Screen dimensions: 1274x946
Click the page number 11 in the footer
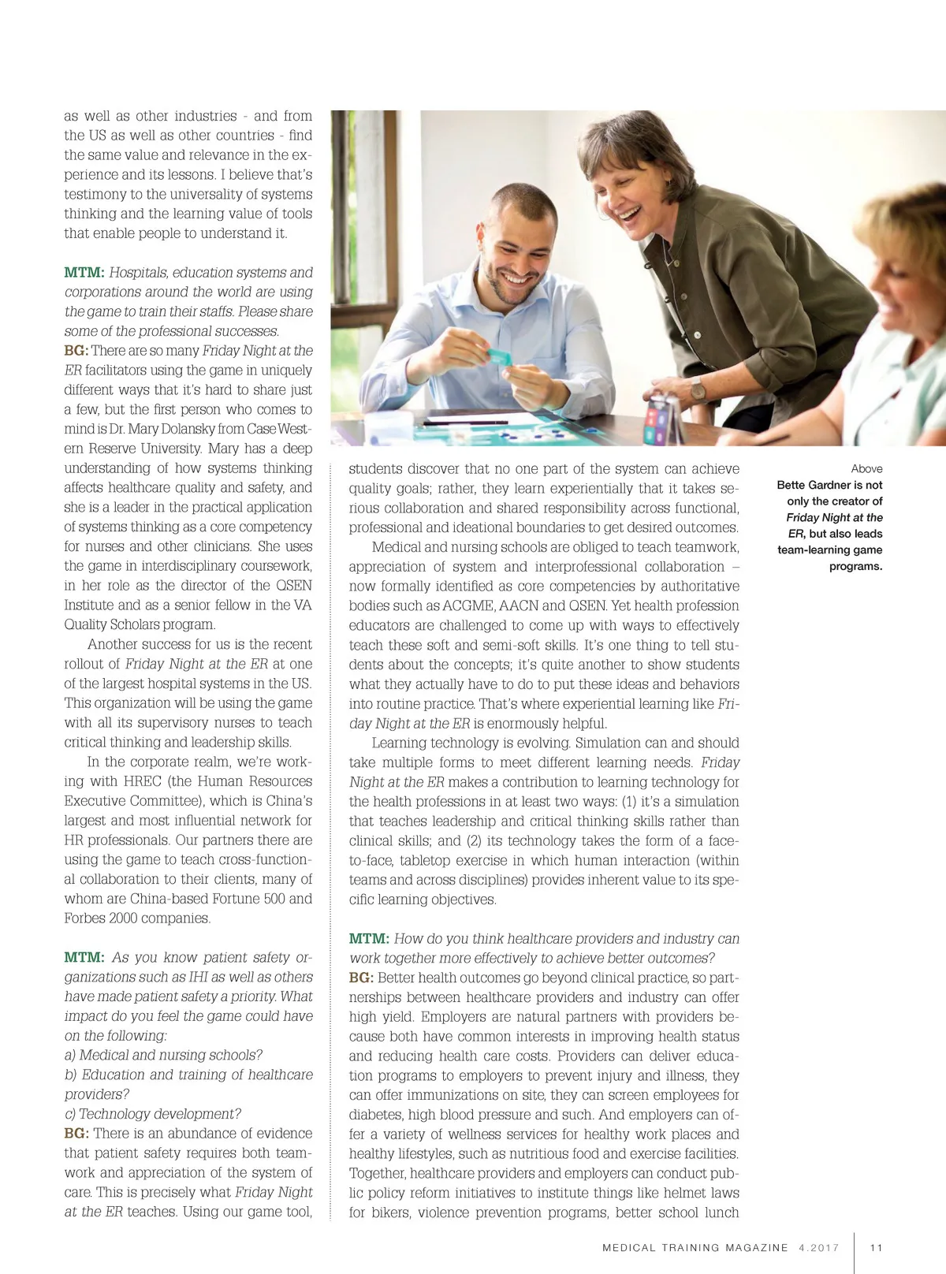tap(876, 1248)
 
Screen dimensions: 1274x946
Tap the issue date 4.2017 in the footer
tap(818, 1248)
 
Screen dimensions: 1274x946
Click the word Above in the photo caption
tap(866, 468)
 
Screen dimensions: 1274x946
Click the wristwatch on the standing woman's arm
tap(698, 389)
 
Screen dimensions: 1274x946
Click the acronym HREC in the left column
tap(143, 781)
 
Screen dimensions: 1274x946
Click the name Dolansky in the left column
tap(192, 429)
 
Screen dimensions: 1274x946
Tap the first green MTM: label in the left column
tap(84, 273)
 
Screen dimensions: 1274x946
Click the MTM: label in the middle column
tap(369, 939)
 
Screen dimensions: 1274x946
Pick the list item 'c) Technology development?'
tap(153, 1114)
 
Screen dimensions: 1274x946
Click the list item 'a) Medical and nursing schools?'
tap(163, 1055)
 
